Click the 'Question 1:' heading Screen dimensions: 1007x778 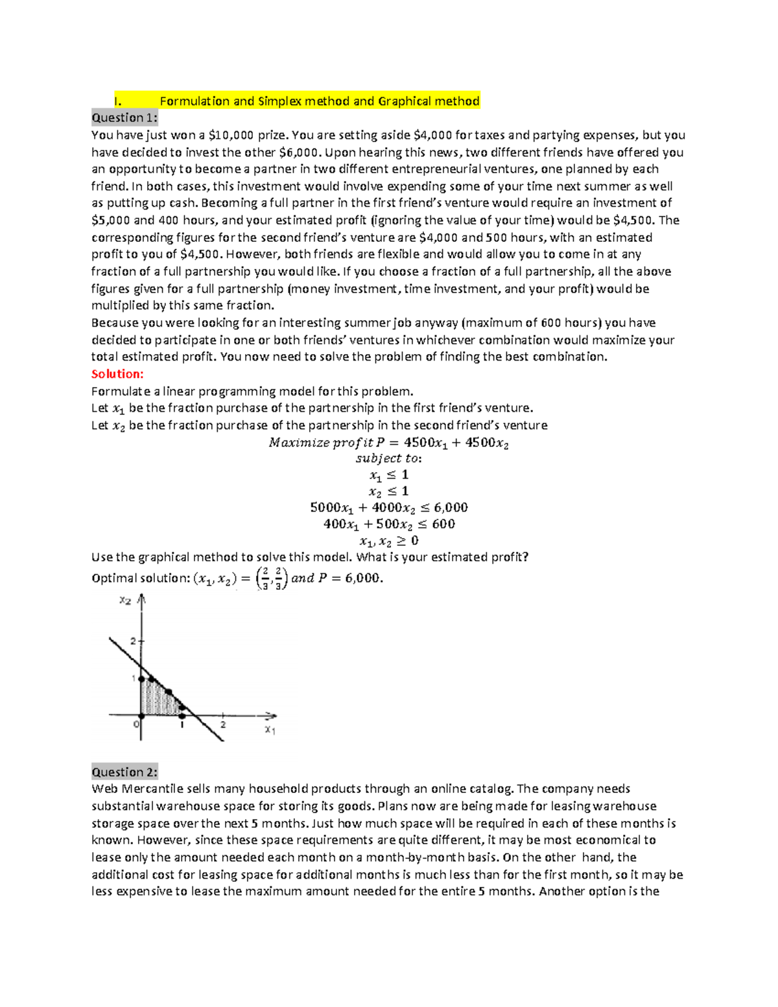tap(124, 117)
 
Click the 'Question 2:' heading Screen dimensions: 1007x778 tap(124, 772)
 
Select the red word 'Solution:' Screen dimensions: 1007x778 tap(117, 374)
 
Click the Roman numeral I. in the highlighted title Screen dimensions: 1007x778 tap(117, 101)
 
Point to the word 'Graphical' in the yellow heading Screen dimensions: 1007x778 tap(405, 101)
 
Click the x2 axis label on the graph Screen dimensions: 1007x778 tap(125, 601)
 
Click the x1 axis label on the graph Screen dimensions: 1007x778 tap(270, 730)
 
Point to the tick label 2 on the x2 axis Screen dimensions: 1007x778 tap(133, 641)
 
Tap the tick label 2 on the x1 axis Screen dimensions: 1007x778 tap(223, 724)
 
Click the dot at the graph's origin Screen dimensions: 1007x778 tap(142, 715)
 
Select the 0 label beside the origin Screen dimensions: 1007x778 tap(136, 724)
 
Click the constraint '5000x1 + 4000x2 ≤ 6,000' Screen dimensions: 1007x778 tap(388, 508)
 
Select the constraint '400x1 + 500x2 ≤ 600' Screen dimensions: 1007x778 tap(388, 524)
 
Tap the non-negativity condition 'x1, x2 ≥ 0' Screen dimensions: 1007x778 tap(388, 541)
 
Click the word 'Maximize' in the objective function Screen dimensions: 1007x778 tap(299, 443)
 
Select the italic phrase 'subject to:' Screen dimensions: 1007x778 tap(388, 458)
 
